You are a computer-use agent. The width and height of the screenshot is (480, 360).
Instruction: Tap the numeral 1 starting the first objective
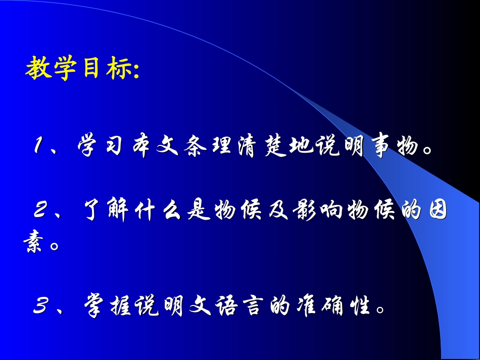(40, 147)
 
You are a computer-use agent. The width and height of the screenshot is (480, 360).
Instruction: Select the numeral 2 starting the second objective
(41, 212)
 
